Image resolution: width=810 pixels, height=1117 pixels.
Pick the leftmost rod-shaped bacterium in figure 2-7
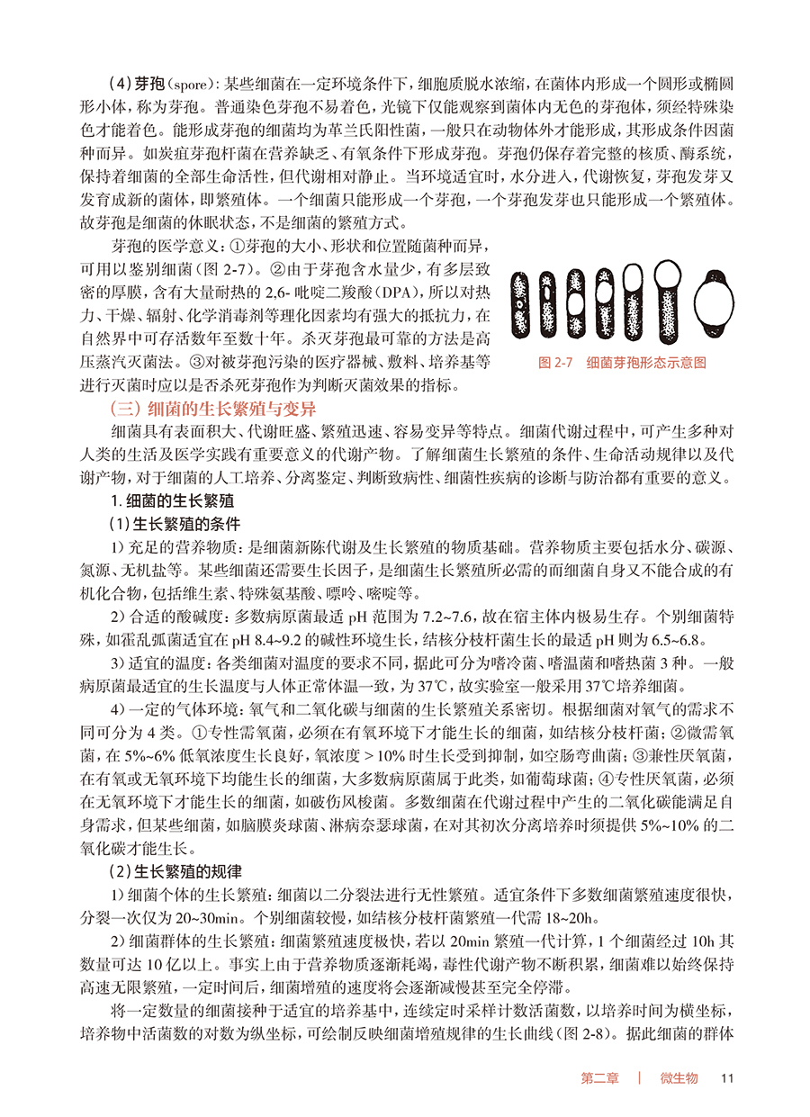[521, 302]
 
